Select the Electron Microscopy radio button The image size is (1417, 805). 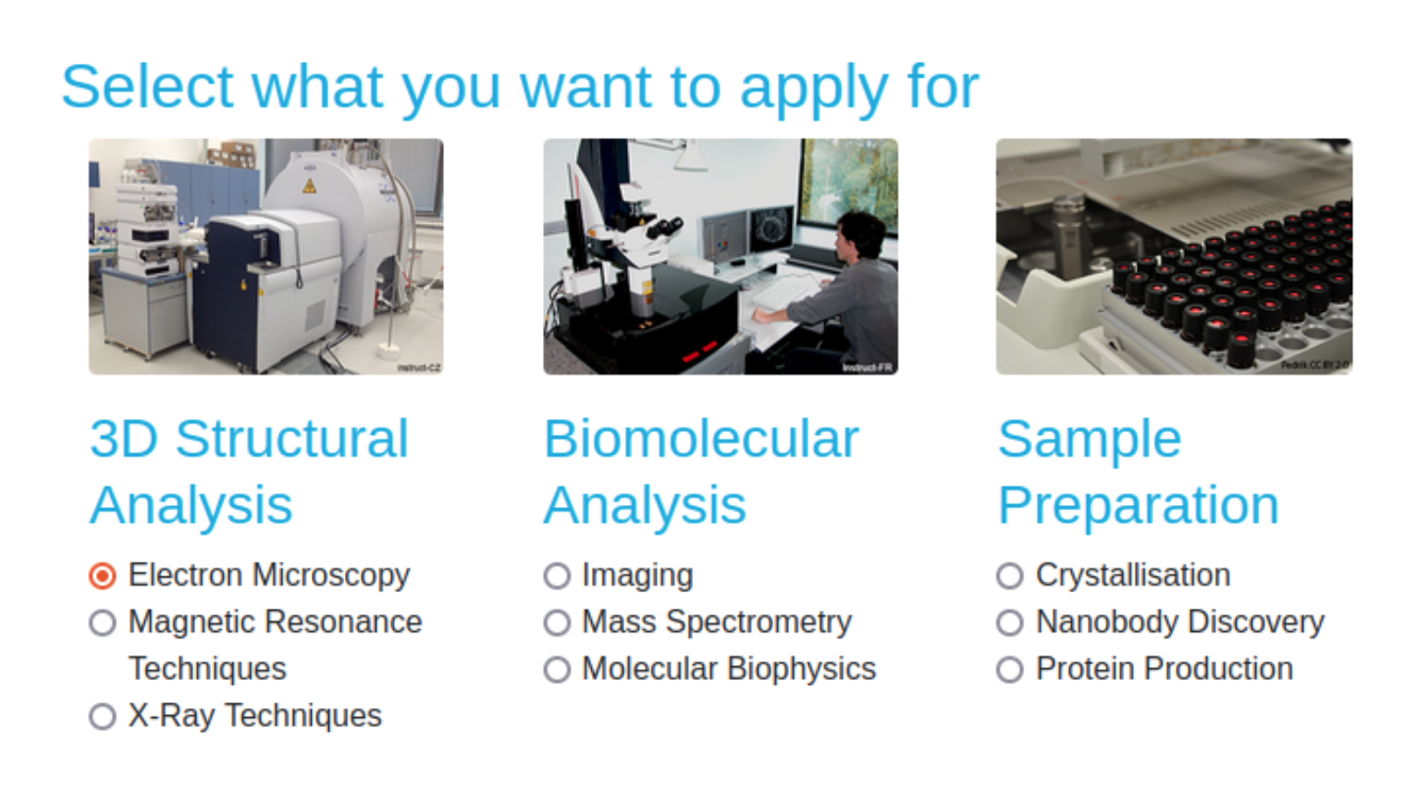pos(103,576)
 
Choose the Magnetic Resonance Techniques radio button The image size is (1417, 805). pos(103,623)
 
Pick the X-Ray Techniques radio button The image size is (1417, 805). pos(103,716)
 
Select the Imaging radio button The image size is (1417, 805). pos(557,576)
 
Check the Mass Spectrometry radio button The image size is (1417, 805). pos(557,623)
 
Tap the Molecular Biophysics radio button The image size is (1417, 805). pos(557,669)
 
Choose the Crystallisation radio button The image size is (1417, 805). pos(1010,576)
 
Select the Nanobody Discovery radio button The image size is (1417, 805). pos(1010,623)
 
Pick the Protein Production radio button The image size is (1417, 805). pos(1010,669)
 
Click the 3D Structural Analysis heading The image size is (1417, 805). pos(248,471)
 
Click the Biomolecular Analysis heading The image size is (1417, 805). pos(700,471)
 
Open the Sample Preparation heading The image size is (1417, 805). pos(1138,471)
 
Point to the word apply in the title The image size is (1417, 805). pos(814,89)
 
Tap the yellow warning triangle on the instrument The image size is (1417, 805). pos(310,186)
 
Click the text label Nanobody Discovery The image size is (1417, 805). pos(1179,622)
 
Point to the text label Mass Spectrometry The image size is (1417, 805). pos(716,622)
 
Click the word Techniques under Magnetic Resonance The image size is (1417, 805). pos(207,668)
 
